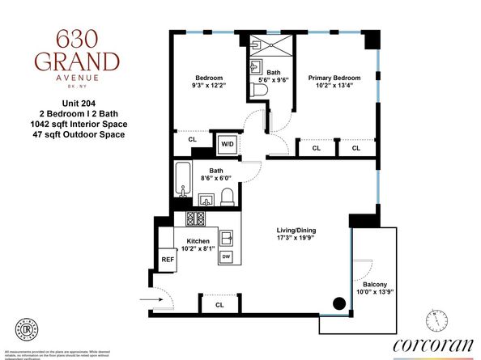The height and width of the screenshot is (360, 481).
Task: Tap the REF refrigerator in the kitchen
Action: coord(168,260)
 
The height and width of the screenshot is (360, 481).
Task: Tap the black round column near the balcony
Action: coord(339,304)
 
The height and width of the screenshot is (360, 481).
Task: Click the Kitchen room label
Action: coord(199,241)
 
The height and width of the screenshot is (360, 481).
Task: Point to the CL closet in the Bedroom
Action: coord(192,140)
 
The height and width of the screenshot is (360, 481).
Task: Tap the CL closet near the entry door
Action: coord(219,305)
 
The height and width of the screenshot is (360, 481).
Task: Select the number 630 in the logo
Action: coord(77,38)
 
